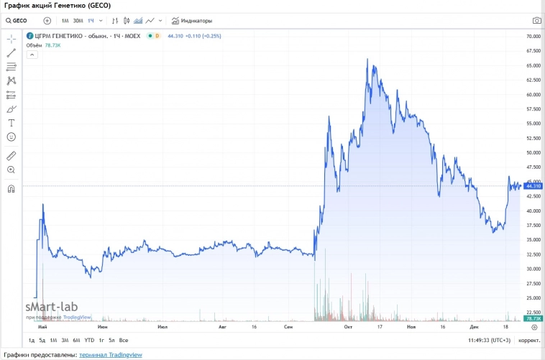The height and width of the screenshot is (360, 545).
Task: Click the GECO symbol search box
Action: tap(22, 21)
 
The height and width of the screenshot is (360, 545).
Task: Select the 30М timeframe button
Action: tap(78, 21)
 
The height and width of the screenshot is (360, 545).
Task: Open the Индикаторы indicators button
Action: tap(192, 21)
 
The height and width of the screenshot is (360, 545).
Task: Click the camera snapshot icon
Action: tap(536, 21)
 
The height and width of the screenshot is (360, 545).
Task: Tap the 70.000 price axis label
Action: tap(533, 36)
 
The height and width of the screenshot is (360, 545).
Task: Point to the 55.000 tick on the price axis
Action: tap(533, 124)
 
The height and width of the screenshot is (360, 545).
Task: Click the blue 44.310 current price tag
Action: tap(533, 185)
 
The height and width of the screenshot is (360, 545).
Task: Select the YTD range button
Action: tap(89, 340)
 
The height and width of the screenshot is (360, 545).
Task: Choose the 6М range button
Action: tap(76, 340)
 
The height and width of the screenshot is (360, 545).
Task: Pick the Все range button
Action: tap(124, 340)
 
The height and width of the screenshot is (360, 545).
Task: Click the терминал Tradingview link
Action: tap(111, 354)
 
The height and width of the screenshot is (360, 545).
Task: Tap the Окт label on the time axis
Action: tap(348, 327)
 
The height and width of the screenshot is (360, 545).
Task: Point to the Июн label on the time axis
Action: tap(103, 327)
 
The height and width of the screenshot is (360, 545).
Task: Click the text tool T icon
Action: tap(11, 123)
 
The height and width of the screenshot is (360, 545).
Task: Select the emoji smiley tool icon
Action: tap(11, 137)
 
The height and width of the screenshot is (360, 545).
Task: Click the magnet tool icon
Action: tap(11, 189)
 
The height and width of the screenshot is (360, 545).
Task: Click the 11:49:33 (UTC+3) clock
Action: tap(490, 340)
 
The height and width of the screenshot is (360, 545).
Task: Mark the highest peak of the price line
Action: tap(367, 60)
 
